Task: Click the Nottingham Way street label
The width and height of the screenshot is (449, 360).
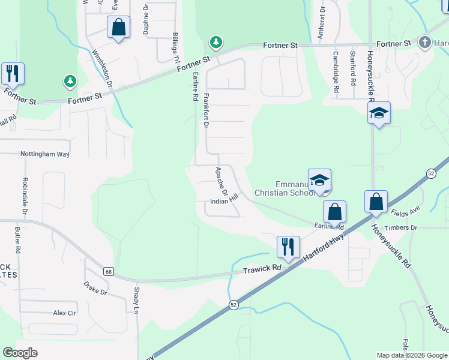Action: [45, 154]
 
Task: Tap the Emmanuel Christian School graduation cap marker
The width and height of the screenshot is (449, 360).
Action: [320, 180]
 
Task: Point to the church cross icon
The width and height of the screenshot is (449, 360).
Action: [425, 42]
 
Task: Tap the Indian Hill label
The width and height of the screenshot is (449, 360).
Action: [224, 202]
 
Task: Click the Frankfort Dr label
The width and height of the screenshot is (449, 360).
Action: [206, 110]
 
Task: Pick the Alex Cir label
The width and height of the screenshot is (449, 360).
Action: [65, 313]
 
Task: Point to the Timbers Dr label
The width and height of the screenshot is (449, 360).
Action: [402, 228]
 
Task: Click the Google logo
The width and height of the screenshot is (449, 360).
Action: [20, 353]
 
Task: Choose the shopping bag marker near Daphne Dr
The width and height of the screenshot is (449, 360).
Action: [118, 28]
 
